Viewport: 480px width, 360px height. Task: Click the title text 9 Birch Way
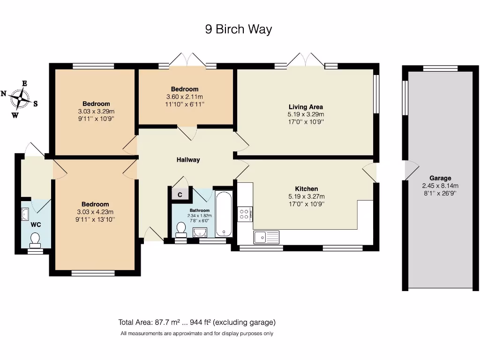click(x=239, y=30)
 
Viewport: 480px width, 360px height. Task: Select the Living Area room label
click(x=306, y=107)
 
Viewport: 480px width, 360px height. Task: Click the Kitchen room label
click(x=306, y=189)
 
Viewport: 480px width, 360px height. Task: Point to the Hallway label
click(x=188, y=160)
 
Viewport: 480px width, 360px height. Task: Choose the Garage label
click(x=440, y=178)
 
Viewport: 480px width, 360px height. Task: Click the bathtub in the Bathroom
click(x=224, y=214)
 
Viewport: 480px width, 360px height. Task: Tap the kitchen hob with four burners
click(x=245, y=214)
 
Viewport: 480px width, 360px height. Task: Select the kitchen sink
click(x=266, y=237)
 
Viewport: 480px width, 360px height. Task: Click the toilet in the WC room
click(x=35, y=240)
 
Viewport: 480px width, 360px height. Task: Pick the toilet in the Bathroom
click(x=180, y=229)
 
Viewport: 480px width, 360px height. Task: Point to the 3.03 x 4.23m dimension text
click(x=95, y=211)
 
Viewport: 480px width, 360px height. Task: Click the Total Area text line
click(x=197, y=322)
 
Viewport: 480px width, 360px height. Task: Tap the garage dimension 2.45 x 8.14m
click(x=440, y=185)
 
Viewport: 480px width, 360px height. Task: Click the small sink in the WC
click(x=25, y=215)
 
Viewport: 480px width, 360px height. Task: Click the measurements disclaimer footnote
click(x=197, y=334)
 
